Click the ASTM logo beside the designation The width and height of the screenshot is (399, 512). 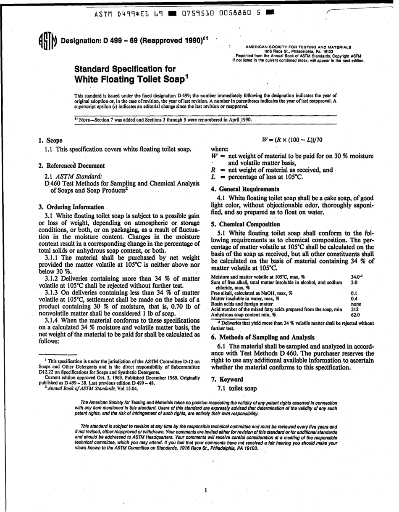48,41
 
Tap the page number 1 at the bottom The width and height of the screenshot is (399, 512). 205,491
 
